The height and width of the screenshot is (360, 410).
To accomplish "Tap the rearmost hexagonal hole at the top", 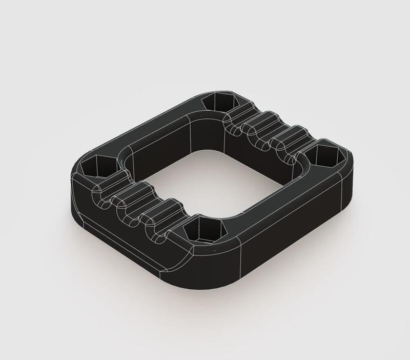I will click(x=215, y=102).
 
